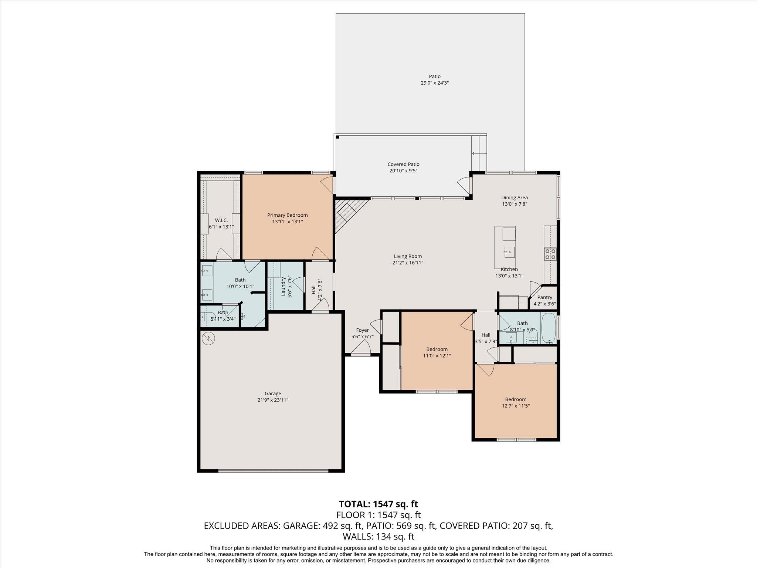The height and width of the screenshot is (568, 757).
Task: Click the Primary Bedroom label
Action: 287,215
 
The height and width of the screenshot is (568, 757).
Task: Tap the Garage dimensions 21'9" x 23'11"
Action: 273,400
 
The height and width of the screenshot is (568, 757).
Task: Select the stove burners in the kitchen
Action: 550,254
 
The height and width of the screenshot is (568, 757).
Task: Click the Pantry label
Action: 544,297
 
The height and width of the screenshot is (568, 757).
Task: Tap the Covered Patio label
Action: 403,164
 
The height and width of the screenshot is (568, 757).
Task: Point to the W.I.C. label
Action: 221,220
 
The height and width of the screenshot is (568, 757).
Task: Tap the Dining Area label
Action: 514,197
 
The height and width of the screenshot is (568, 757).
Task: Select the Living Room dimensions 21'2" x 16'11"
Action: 407,263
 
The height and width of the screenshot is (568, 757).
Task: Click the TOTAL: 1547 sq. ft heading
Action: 378,504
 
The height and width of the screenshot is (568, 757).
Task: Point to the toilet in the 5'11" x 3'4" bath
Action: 206,317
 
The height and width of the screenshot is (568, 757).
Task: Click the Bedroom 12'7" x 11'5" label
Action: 516,399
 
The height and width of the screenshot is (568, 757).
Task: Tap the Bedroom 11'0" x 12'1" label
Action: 437,349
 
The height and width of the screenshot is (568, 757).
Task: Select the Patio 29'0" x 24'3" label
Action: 435,77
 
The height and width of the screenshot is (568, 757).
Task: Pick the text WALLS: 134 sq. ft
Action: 378,537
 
